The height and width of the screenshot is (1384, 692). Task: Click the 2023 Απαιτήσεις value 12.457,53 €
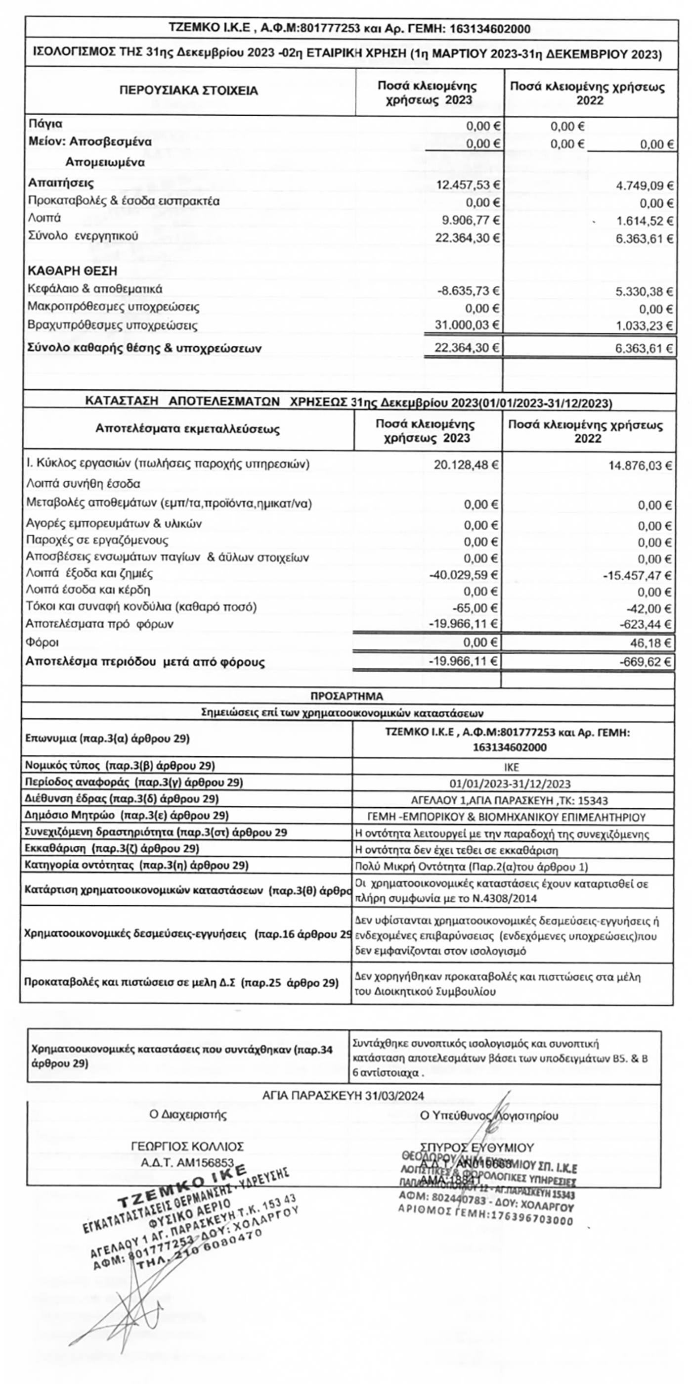[x=468, y=185]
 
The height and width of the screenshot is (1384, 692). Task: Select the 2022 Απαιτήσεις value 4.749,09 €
[x=644, y=186]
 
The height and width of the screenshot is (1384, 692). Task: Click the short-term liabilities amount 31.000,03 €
[x=467, y=325]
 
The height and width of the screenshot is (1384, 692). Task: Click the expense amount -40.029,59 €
[x=463, y=575]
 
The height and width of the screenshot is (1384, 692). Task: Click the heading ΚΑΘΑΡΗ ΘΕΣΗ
[x=72, y=271]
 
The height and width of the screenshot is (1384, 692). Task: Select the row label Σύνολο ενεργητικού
[x=83, y=236]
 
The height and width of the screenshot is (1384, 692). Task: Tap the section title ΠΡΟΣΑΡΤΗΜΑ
[x=347, y=696]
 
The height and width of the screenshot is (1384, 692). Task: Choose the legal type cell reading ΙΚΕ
[x=512, y=767]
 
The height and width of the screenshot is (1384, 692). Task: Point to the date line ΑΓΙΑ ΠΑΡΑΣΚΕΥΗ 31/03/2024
[x=343, y=1095]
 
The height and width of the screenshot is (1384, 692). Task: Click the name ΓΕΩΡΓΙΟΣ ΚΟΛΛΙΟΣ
[x=187, y=1147]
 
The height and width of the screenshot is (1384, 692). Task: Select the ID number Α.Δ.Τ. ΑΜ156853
[x=187, y=1162]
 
